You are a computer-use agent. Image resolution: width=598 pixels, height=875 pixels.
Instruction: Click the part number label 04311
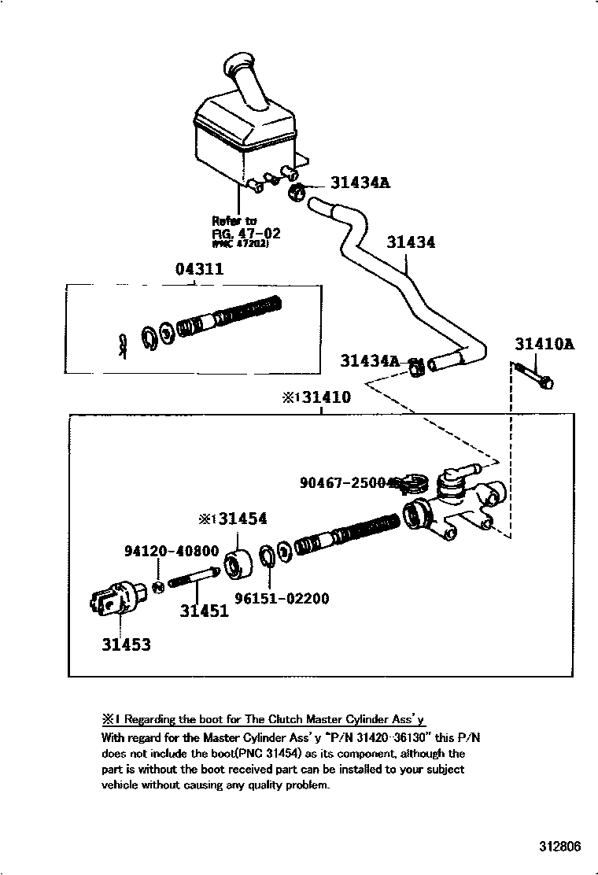(x=199, y=269)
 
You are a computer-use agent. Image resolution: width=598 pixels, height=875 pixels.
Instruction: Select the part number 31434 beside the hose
(x=410, y=242)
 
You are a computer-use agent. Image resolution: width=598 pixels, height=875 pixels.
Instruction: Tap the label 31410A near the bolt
(x=544, y=344)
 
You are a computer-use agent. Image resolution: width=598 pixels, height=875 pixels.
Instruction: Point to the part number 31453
(x=125, y=644)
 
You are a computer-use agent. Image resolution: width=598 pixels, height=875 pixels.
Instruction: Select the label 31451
(x=204, y=611)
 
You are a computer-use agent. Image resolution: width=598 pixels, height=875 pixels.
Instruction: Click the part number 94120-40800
(x=171, y=552)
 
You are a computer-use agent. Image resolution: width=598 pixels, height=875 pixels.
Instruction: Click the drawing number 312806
(x=559, y=847)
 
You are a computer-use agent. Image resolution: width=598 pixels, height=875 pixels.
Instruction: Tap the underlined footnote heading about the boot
(x=263, y=719)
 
